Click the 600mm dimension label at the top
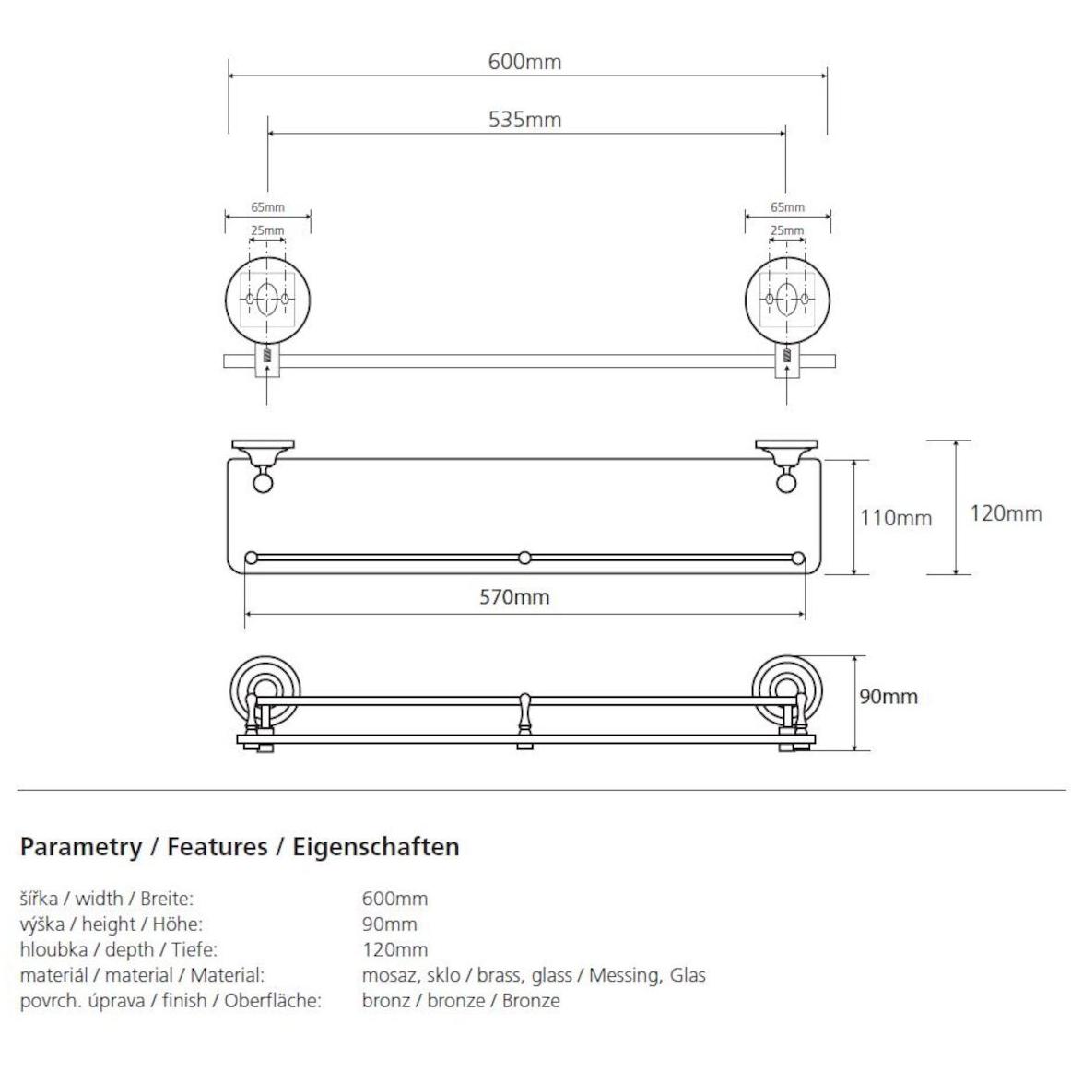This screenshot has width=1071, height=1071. point(524,62)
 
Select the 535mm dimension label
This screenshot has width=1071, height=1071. point(524,120)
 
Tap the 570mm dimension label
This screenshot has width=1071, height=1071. point(514,597)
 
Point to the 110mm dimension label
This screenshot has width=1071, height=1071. point(896,518)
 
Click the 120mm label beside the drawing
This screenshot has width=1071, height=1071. point(1006,513)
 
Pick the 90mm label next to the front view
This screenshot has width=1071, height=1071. point(889,697)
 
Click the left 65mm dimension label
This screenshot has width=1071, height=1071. point(267,207)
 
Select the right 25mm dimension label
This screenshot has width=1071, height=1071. point(787,230)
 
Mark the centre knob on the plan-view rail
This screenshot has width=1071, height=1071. point(524,558)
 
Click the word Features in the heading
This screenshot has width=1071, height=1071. point(218,847)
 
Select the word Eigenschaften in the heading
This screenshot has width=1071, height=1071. point(376,848)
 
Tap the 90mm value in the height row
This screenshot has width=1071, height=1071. point(389,924)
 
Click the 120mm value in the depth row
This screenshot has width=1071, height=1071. point(394,949)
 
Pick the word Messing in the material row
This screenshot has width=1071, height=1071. point(625,975)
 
